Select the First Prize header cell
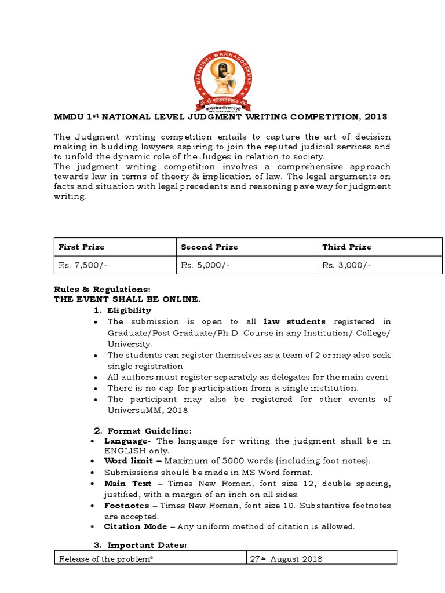(82, 247)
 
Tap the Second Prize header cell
(209, 247)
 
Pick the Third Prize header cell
(346, 247)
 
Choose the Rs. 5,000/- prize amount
(203, 265)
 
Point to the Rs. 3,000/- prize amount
(346, 265)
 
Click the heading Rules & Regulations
(102, 289)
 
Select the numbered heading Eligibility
(129, 311)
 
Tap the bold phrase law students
(294, 321)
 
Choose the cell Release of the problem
(105, 559)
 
